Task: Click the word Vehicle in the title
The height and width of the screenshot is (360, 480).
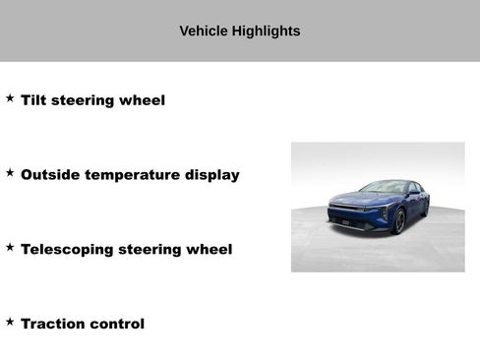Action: [204, 31]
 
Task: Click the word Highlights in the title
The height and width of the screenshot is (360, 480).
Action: [266, 31]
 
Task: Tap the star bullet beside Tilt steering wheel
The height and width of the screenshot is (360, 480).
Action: [10, 98]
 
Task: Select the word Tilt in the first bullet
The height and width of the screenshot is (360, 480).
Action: [34, 100]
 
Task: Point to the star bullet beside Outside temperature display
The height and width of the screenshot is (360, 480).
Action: [10, 173]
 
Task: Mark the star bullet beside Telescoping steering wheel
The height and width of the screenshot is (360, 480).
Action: [10, 248]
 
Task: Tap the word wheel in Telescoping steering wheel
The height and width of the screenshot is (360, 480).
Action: [210, 250]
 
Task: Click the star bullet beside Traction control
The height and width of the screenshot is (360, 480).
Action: [10, 322]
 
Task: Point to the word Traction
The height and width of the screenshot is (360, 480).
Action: [53, 324]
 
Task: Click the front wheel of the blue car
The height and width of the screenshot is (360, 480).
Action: [399, 220]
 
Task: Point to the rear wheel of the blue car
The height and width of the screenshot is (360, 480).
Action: [427, 206]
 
